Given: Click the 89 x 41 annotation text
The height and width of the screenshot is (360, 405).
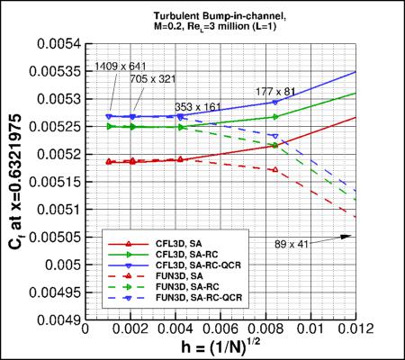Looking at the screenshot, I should click(x=293, y=243).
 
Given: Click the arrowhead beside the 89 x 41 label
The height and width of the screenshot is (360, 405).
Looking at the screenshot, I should click(x=347, y=237).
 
